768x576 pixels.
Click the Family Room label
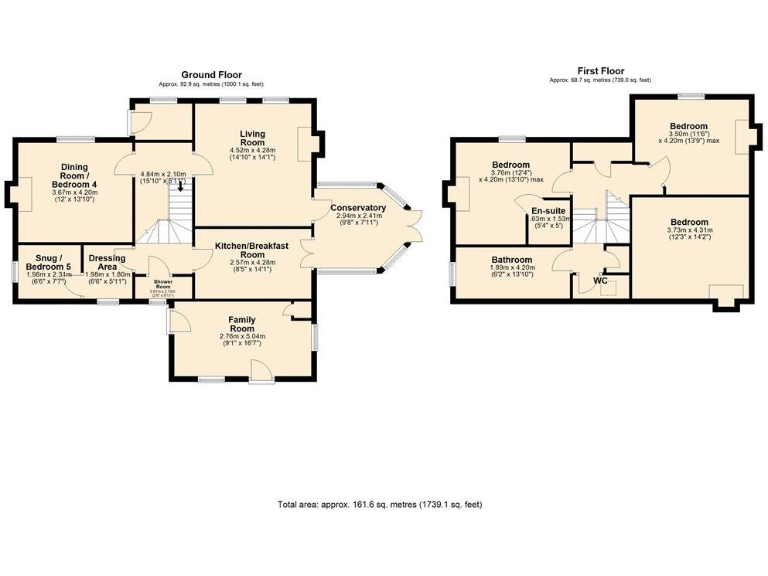(242, 324)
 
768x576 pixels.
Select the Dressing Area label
(106, 263)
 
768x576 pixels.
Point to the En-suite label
(546, 211)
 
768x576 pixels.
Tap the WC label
(600, 280)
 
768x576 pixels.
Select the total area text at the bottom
(379, 504)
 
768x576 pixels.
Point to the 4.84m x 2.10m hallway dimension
(164, 174)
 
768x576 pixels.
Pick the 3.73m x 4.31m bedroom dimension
(689, 231)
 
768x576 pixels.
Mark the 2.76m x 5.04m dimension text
(242, 337)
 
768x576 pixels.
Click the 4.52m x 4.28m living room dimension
(251, 151)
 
